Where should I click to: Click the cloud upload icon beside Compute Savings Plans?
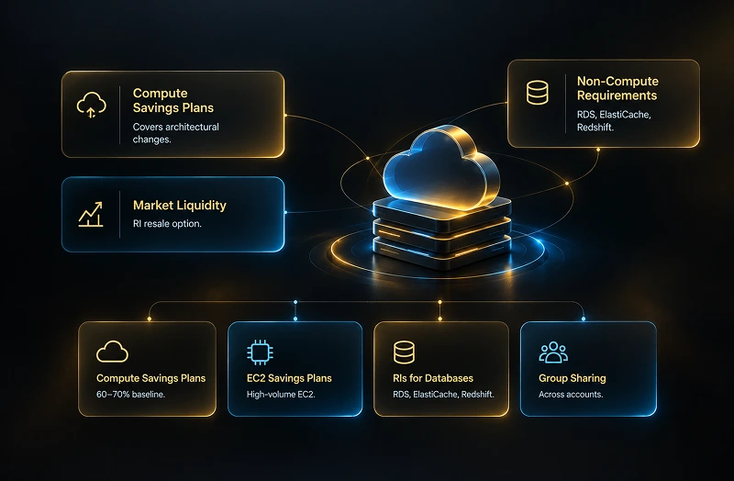pyautogui.click(x=91, y=105)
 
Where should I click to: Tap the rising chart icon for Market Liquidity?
pyautogui.click(x=90, y=215)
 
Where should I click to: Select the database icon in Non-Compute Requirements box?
pyautogui.click(x=537, y=93)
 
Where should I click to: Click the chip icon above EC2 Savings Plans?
pyautogui.click(x=260, y=352)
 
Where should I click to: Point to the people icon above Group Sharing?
pyautogui.click(x=553, y=352)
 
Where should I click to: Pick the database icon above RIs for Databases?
pyautogui.click(x=404, y=352)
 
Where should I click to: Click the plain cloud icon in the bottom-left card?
pyautogui.click(x=112, y=352)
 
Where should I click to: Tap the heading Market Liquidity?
pyautogui.click(x=179, y=205)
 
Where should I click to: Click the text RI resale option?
pyautogui.click(x=167, y=223)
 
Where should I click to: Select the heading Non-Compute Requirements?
pyautogui.click(x=617, y=88)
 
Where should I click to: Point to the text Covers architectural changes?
pyautogui.click(x=175, y=133)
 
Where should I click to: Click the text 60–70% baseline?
pyautogui.click(x=130, y=395)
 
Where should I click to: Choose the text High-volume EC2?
pyautogui.click(x=281, y=395)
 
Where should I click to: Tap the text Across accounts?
pyautogui.click(x=571, y=395)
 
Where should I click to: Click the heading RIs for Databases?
pyautogui.click(x=433, y=378)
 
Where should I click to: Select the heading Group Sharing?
pyautogui.click(x=572, y=378)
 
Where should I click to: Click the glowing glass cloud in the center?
pyautogui.click(x=441, y=168)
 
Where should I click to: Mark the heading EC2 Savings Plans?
pyautogui.click(x=289, y=378)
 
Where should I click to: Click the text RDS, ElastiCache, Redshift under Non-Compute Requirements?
pyautogui.click(x=614, y=120)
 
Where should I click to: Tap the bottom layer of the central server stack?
pyautogui.click(x=441, y=253)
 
